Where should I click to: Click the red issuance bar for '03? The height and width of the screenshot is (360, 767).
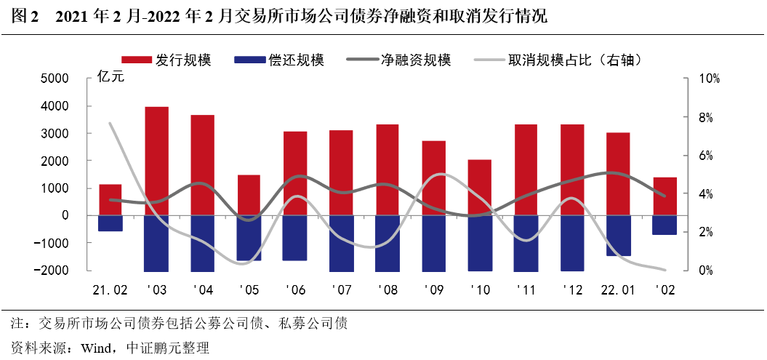pos(156,161)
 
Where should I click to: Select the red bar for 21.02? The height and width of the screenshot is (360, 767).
pos(110,199)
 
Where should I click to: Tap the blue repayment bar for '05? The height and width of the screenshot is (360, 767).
pos(249,238)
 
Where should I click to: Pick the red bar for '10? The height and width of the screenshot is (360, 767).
pos(480,187)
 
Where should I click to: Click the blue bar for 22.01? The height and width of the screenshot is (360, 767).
pos(618,235)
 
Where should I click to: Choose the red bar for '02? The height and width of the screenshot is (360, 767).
pos(664,196)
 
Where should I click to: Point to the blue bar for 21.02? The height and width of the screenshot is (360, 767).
pos(110,223)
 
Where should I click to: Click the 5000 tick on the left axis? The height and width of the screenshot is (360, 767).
pos(55,79)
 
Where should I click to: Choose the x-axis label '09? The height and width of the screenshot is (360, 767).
pos(433,289)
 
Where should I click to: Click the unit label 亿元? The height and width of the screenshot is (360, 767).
pos(111,79)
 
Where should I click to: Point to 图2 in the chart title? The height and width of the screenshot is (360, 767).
pos(25,16)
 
